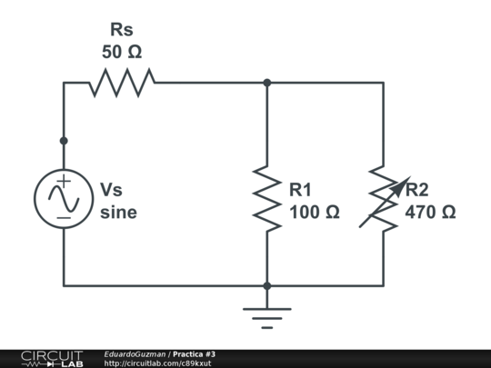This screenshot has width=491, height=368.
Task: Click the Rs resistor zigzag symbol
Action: pyautogui.click(x=121, y=83)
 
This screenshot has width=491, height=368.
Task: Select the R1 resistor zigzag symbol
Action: pyautogui.click(x=267, y=197)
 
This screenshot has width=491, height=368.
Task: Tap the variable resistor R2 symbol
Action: pyautogui.click(x=383, y=197)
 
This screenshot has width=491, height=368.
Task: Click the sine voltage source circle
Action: pyautogui.click(x=63, y=196)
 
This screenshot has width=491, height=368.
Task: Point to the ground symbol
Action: pyautogui.click(x=267, y=316)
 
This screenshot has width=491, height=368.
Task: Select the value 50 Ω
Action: pyautogui.click(x=121, y=53)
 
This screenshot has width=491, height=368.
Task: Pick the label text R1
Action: pyautogui.click(x=301, y=190)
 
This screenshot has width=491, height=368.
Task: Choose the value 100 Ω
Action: pyautogui.click(x=314, y=213)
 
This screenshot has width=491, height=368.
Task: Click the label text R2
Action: pyautogui.click(x=417, y=190)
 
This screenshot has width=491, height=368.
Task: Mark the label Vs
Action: pyautogui.click(x=111, y=190)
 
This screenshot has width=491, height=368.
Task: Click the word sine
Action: pyautogui.click(x=119, y=213)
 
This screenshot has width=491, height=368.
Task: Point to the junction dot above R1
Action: pyautogui.click(x=267, y=83)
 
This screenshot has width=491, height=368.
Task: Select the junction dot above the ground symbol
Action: pyautogui.click(x=267, y=285)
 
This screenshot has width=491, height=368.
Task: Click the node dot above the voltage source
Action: pyautogui.click(x=63, y=141)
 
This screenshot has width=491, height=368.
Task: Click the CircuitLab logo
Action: pyautogui.click(x=52, y=358)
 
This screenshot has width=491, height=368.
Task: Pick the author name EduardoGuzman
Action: pyautogui.click(x=135, y=353)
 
